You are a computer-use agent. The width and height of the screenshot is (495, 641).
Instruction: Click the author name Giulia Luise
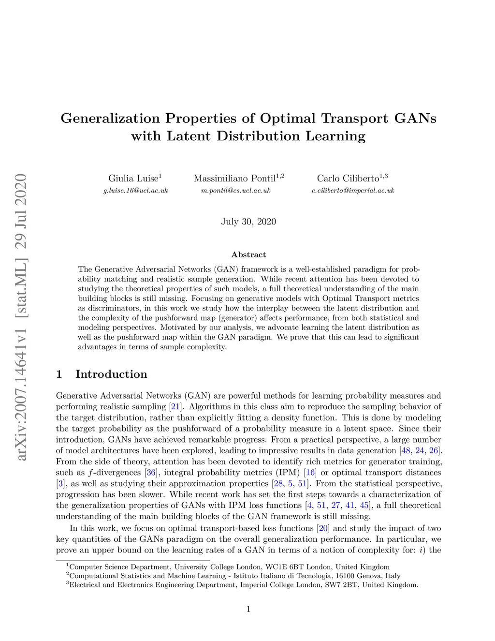pyautogui.click(x=133, y=179)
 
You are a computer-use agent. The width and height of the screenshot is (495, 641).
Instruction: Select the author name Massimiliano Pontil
pyautogui.click(x=235, y=179)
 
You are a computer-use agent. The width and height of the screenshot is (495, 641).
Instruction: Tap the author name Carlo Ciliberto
pyautogui.click(x=348, y=179)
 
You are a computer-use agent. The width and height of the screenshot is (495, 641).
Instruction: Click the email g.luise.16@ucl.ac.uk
pyautogui.click(x=135, y=191)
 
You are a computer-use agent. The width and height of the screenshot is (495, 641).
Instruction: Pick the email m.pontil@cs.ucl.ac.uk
pyautogui.click(x=236, y=191)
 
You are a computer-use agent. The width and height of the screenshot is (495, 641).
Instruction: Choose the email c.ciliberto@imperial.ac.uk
pyautogui.click(x=353, y=191)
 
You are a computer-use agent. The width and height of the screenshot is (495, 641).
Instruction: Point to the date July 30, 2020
pyautogui.click(x=248, y=222)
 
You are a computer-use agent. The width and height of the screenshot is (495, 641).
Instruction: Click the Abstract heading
pyautogui.click(x=248, y=254)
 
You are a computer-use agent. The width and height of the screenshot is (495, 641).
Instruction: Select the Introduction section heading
pyautogui.click(x=111, y=374)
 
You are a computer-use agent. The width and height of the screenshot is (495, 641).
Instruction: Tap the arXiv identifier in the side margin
pyautogui.click(x=21, y=317)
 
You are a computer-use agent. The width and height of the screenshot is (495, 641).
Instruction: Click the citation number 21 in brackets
pyautogui.click(x=175, y=407)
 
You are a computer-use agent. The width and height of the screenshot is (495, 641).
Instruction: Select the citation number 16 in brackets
pyautogui.click(x=310, y=473)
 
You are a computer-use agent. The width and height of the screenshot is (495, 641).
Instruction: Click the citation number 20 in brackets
pyautogui.click(x=323, y=528)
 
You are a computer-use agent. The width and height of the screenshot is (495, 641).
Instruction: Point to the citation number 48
pyautogui.click(x=406, y=451)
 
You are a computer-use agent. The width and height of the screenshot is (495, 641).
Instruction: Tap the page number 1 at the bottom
pyautogui.click(x=248, y=609)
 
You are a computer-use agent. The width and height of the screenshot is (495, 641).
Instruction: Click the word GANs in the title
pyautogui.click(x=415, y=119)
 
